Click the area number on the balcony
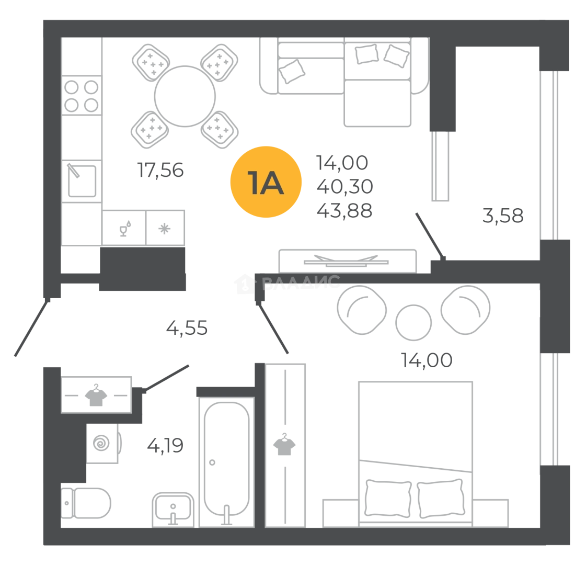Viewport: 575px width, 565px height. pos(503,216)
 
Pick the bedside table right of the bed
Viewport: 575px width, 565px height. pos(492,511)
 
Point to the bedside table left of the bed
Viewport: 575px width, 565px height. pos(340,511)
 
